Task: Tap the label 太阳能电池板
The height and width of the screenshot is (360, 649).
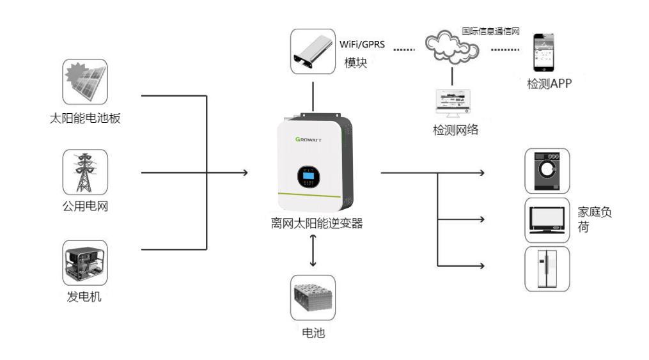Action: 85,119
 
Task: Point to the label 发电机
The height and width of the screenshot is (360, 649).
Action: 85,297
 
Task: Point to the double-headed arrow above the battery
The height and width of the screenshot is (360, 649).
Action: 313,251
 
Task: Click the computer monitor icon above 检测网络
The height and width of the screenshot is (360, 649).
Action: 453,102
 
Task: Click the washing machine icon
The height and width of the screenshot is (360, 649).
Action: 547,171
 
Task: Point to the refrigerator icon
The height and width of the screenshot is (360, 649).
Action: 547,268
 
